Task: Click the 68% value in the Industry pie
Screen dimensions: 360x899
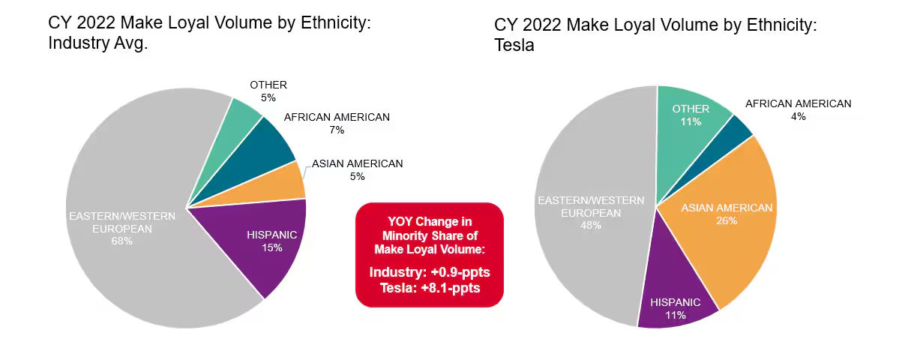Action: pyautogui.click(x=122, y=241)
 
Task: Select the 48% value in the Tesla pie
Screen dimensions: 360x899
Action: pyautogui.click(x=590, y=225)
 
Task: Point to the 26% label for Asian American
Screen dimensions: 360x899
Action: pyautogui.click(x=727, y=220)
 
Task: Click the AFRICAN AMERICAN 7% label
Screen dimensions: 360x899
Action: pyautogui.click(x=337, y=124)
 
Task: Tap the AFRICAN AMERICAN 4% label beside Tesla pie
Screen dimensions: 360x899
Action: pyautogui.click(x=798, y=110)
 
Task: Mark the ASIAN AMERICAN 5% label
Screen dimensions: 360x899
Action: pyautogui.click(x=357, y=170)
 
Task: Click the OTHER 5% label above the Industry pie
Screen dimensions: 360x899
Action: pyautogui.click(x=268, y=91)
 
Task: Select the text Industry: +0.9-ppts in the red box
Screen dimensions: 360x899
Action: pyautogui.click(x=430, y=271)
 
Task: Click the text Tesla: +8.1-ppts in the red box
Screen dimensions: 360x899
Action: pyautogui.click(x=430, y=288)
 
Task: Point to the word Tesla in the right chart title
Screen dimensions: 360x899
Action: pyautogui.click(x=514, y=46)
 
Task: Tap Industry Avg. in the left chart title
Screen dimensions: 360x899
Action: pyautogui.click(x=98, y=43)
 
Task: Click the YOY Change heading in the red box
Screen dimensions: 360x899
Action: pyautogui.click(x=430, y=221)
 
